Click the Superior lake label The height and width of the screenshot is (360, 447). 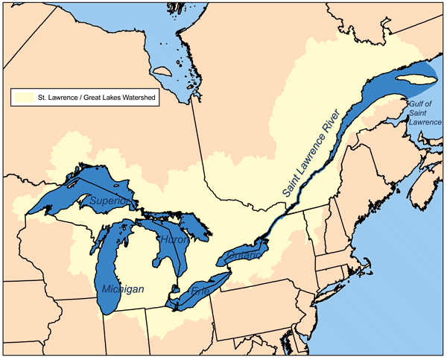click(x=110, y=202)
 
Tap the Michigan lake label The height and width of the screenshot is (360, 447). click(x=119, y=288)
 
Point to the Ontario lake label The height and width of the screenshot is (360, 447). click(x=241, y=256)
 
